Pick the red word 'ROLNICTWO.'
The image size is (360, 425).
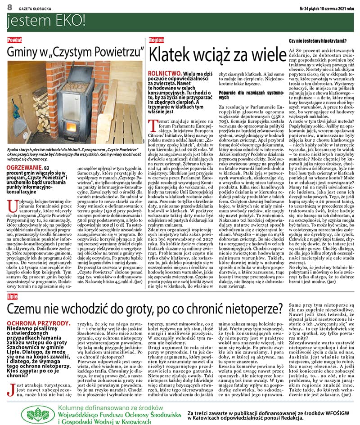coord(166,72)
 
